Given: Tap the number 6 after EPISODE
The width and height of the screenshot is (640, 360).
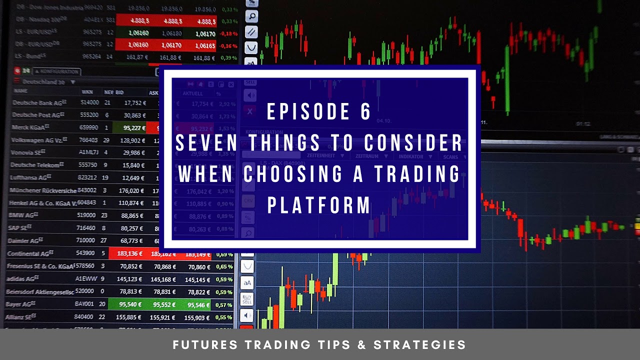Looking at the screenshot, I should (365, 112).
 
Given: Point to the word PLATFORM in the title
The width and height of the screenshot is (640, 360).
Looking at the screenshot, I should (319, 205).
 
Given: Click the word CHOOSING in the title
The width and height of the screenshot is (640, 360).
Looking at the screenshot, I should (289, 174).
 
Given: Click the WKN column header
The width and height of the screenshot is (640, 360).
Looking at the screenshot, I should (87, 92).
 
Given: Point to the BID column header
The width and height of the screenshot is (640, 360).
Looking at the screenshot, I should (119, 92).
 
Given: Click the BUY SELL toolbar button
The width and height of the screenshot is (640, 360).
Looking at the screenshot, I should (247, 299).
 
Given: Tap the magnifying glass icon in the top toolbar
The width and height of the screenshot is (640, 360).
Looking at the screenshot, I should (251, 16).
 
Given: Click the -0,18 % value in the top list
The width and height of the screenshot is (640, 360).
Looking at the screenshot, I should (228, 34).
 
